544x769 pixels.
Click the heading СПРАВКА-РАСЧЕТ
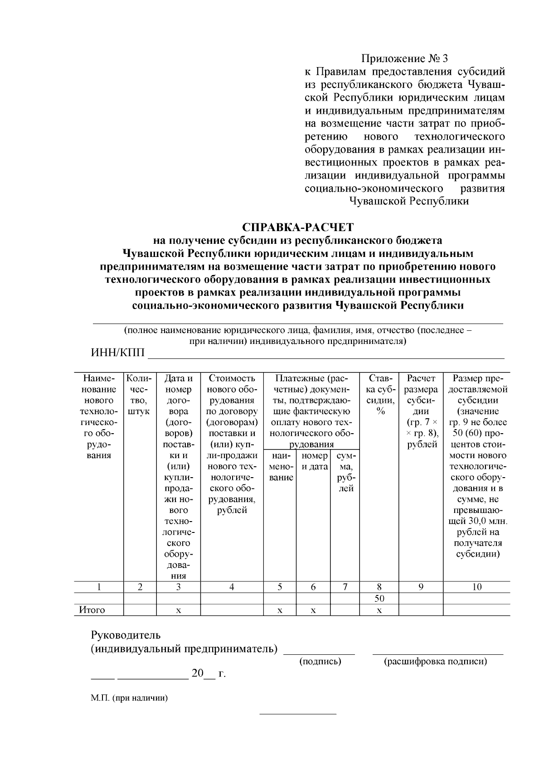tap(298, 227)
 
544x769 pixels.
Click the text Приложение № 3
tap(404, 58)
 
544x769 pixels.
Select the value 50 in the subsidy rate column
tap(379, 598)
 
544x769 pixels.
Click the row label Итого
tap(92, 610)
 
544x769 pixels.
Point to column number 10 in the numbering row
tap(476, 587)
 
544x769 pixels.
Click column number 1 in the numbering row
tap(99, 587)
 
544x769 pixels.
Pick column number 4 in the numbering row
tap(232, 587)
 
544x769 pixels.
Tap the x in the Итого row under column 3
tap(179, 610)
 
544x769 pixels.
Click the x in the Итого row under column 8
tap(379, 610)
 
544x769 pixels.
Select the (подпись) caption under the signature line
tap(320, 662)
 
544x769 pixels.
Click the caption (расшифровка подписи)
tap(436, 662)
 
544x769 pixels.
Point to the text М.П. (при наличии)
tap(129, 698)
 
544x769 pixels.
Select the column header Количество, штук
tap(140, 394)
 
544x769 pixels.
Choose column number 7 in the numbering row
tap(345, 587)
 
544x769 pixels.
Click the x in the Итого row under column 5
tap(280, 610)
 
